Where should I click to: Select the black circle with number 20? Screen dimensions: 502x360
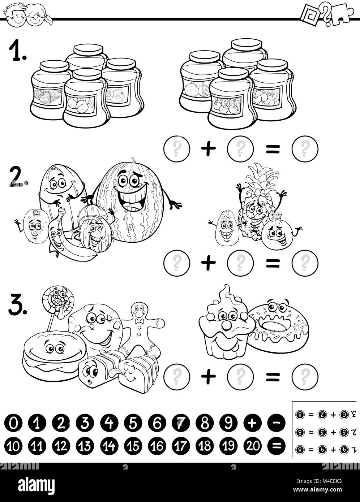point(253,446)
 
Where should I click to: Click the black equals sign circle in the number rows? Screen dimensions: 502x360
point(277,446)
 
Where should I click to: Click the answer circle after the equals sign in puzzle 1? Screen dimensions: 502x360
point(305,148)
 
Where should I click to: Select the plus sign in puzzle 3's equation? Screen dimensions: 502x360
point(208,377)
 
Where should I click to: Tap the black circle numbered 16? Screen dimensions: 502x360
point(157,446)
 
